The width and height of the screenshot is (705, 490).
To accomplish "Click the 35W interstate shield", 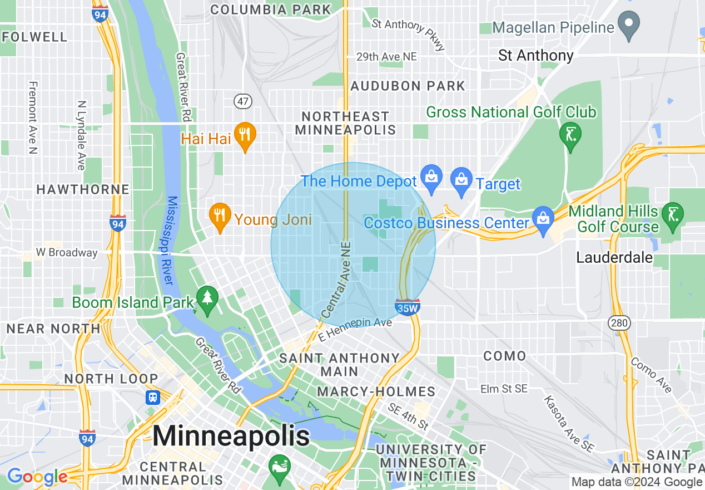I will [x=408, y=307].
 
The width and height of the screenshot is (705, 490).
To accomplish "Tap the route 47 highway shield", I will [x=244, y=101].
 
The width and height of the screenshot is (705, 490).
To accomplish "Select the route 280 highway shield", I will [x=619, y=322].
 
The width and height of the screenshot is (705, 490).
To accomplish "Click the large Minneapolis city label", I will [x=231, y=436].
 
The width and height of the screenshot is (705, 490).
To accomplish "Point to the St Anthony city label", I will [x=535, y=56].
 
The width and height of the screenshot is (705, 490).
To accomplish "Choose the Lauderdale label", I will [x=614, y=258].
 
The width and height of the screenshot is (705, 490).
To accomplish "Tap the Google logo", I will [x=37, y=477].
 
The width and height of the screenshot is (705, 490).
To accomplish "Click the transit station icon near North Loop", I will [x=152, y=398].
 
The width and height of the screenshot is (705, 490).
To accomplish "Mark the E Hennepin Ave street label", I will [x=355, y=330].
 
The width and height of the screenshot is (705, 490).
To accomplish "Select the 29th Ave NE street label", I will [x=386, y=57].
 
